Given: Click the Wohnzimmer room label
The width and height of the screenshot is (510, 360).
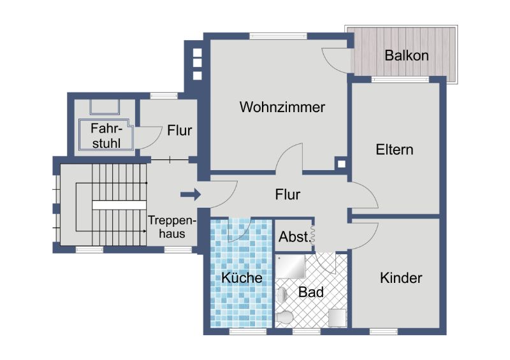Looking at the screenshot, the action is (282, 107).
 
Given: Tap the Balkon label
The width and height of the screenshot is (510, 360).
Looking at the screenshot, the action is (407, 55).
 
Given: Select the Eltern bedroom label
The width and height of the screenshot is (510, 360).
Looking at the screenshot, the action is (395, 150).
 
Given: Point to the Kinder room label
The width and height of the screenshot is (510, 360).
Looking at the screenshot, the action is (401, 278).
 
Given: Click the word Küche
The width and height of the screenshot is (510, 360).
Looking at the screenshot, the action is (242, 277).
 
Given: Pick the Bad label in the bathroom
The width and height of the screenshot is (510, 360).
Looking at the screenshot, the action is (311, 292).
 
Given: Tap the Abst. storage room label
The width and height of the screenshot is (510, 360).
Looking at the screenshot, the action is (295, 237).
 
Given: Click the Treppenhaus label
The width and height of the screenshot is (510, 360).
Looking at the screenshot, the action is (172, 227).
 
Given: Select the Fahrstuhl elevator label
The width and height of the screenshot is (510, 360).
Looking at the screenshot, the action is (106, 136).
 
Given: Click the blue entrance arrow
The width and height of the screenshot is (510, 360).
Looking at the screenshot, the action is (191, 194).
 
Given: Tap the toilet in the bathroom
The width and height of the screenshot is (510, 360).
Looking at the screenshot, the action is (284, 317).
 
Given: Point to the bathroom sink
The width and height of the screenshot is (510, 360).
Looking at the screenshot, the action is (282, 295).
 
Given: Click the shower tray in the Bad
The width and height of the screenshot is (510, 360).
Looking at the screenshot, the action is (291, 267).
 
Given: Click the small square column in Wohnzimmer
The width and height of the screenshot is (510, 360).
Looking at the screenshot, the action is (341, 164).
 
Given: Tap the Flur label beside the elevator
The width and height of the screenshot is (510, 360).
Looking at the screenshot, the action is (180, 131).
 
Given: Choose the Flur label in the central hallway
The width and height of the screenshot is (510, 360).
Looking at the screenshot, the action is (288, 194).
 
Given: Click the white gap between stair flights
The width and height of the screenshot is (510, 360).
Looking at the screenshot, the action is (119, 205).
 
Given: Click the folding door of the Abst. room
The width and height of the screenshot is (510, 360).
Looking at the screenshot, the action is (313, 235).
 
